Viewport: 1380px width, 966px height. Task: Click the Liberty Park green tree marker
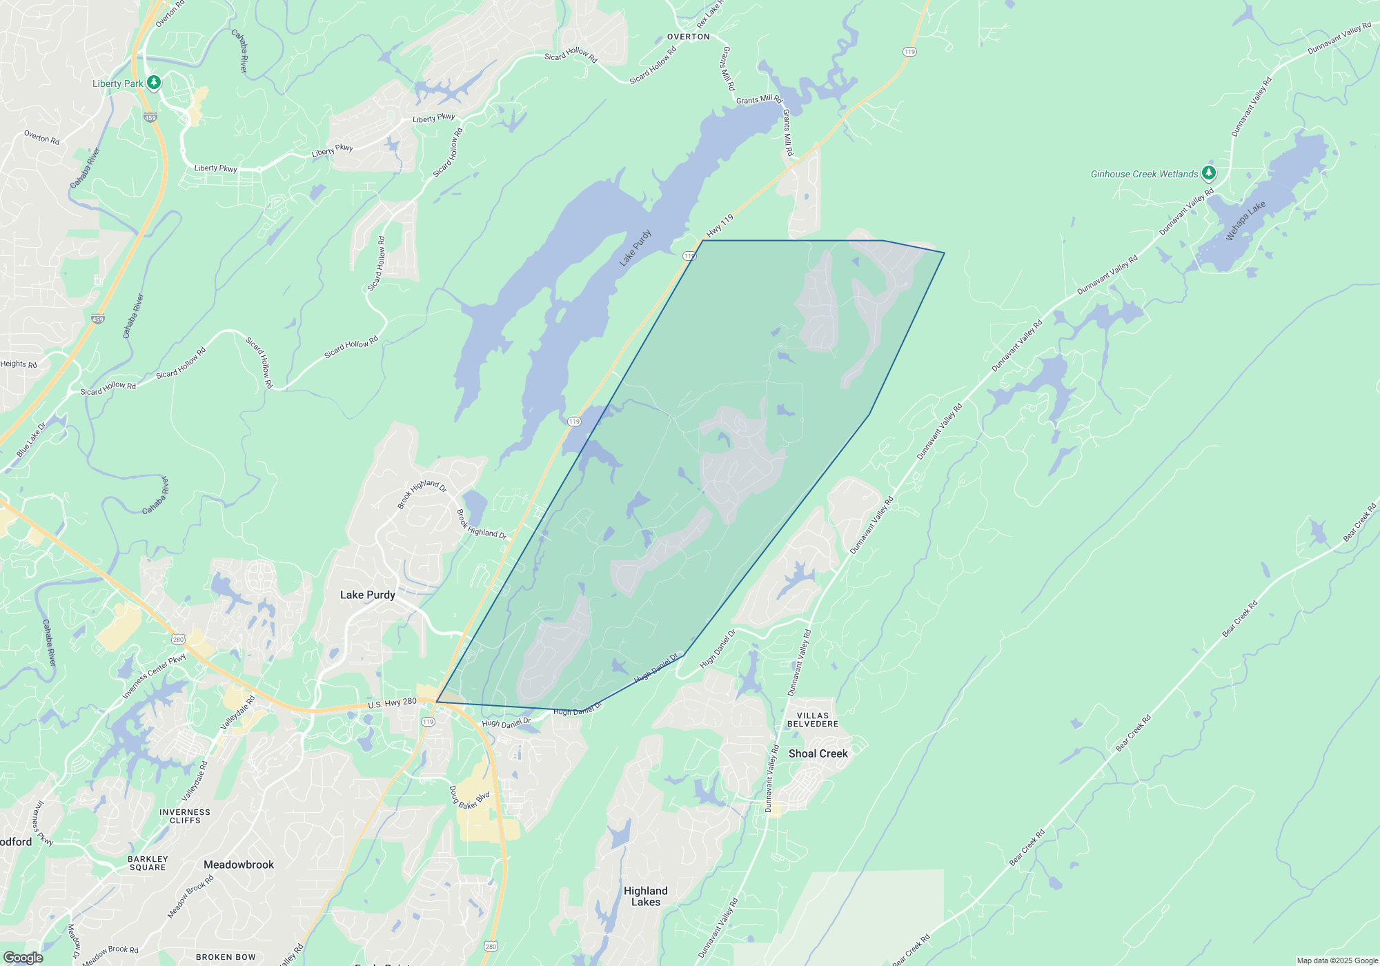click(154, 83)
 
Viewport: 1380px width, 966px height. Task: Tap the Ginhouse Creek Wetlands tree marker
click(1208, 172)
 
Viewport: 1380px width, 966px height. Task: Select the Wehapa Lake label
click(1245, 221)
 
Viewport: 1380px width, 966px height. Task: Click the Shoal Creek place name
click(818, 753)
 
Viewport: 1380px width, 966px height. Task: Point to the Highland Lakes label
click(645, 896)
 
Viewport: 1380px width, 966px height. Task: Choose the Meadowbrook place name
click(239, 865)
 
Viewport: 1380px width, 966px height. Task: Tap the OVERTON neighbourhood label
click(688, 37)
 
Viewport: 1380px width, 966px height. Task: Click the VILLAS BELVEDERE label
click(813, 720)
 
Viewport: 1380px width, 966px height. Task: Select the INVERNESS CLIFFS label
click(185, 816)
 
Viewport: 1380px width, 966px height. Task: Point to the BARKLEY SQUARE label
click(148, 863)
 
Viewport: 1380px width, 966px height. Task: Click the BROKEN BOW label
click(226, 957)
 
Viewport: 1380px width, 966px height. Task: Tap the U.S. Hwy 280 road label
click(392, 703)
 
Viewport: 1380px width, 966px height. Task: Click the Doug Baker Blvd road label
click(469, 799)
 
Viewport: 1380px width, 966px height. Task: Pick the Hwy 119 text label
click(720, 226)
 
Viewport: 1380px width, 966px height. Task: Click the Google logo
click(23, 958)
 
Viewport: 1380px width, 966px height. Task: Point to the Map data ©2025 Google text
click(1337, 960)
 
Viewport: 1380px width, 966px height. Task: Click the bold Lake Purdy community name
click(367, 595)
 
